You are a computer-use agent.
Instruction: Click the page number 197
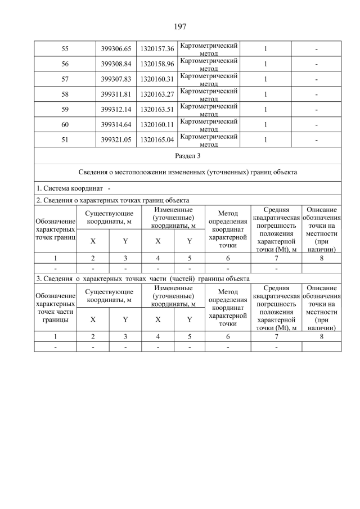180,26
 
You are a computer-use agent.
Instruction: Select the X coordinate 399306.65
116,49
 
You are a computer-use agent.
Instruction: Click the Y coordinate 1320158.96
157,64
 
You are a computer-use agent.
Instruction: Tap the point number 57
65,79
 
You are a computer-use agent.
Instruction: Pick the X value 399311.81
116,94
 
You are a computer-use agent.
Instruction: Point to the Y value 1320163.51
157,110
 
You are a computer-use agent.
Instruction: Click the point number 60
65,125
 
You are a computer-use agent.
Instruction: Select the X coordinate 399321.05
116,140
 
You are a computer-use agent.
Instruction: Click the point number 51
65,140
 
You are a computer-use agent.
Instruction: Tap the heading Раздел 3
187,156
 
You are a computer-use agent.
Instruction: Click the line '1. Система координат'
73,188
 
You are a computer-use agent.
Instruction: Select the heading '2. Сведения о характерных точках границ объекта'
112,200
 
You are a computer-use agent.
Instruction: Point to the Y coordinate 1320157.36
157,49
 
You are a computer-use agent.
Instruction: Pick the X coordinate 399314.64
116,125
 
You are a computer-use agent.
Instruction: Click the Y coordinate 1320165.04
157,140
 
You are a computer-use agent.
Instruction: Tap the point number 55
65,49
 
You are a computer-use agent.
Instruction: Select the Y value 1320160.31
157,79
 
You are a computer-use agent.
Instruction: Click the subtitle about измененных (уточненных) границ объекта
187,172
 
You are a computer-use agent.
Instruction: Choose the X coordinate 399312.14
116,110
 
